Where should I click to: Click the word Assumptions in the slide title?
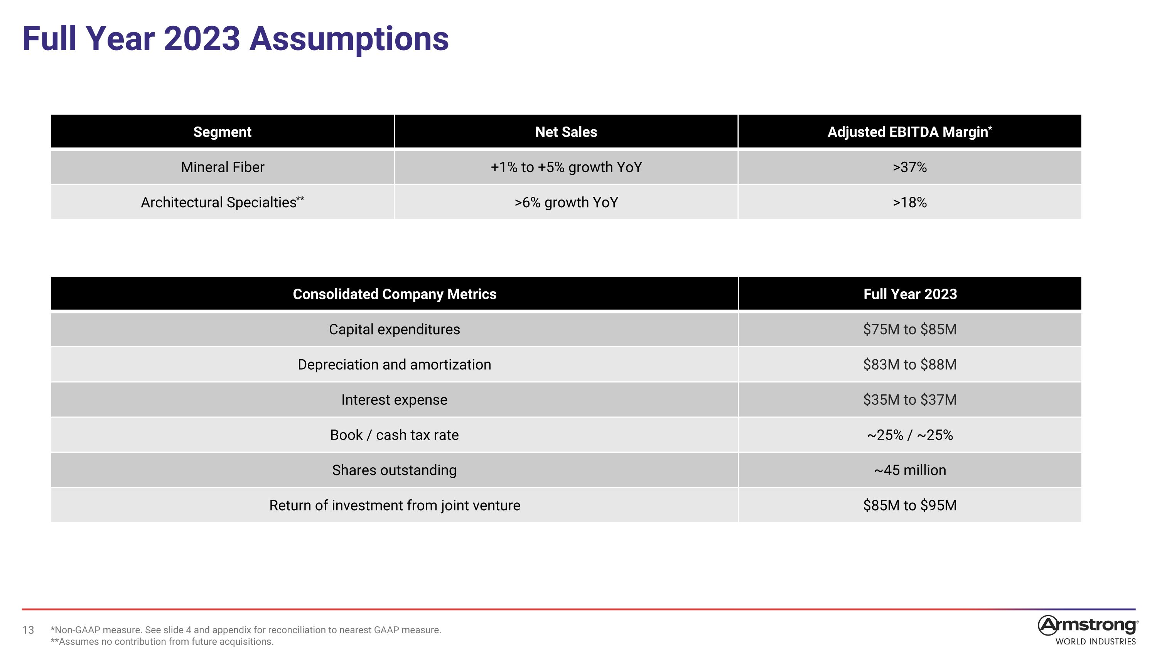[349, 39]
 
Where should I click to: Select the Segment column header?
[222, 132]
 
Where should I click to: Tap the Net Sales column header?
[566, 132]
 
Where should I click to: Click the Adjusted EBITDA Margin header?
[909, 132]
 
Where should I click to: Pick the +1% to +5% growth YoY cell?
[566, 167]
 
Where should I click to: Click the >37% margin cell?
[909, 167]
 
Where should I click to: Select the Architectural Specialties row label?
[222, 202]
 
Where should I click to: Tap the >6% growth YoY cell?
[566, 203]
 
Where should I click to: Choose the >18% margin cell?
[909, 203]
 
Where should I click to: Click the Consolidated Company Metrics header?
[395, 294]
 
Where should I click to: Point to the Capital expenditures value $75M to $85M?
[909, 329]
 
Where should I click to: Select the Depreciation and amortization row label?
[395, 364]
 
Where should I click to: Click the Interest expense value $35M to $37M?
[909, 400]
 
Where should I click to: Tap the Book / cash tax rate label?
[395, 435]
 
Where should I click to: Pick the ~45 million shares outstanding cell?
[909, 470]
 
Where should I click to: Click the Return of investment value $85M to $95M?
[909, 506]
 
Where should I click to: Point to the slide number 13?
[28, 630]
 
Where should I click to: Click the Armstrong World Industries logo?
[1087, 630]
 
